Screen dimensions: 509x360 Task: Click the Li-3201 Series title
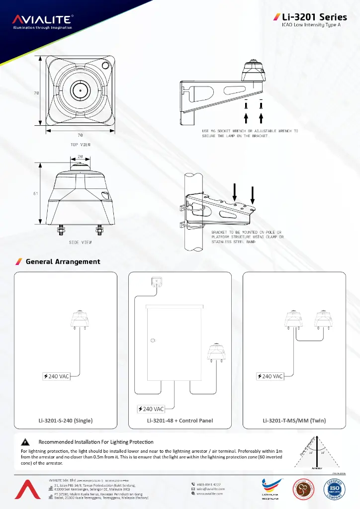pyautogui.click(x=310, y=17)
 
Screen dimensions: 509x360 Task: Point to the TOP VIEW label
pyautogui.click(x=80, y=145)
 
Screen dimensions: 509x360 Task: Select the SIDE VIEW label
pyautogui.click(x=80, y=243)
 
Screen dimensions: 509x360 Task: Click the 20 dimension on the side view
pyautogui.click(x=81, y=156)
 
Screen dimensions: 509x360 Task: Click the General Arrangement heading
pyautogui.click(x=63, y=261)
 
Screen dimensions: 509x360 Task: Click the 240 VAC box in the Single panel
pyautogui.click(x=56, y=376)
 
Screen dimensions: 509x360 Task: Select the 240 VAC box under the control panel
pyautogui.click(x=151, y=409)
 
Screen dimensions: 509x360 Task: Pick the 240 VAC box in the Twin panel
pyautogui.click(x=270, y=376)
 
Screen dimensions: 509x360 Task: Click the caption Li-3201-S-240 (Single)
pyautogui.click(x=66, y=421)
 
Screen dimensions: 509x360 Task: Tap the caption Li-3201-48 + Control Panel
pyautogui.click(x=180, y=421)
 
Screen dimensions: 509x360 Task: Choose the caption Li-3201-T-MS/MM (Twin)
pyautogui.click(x=294, y=421)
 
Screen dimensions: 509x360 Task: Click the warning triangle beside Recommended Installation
pyautogui.click(x=24, y=442)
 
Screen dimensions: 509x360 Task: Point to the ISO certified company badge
pyautogui.click(x=334, y=489)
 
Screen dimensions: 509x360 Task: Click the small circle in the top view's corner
pyautogui.click(x=105, y=65)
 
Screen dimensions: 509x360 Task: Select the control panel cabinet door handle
pyautogui.click(x=152, y=340)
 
